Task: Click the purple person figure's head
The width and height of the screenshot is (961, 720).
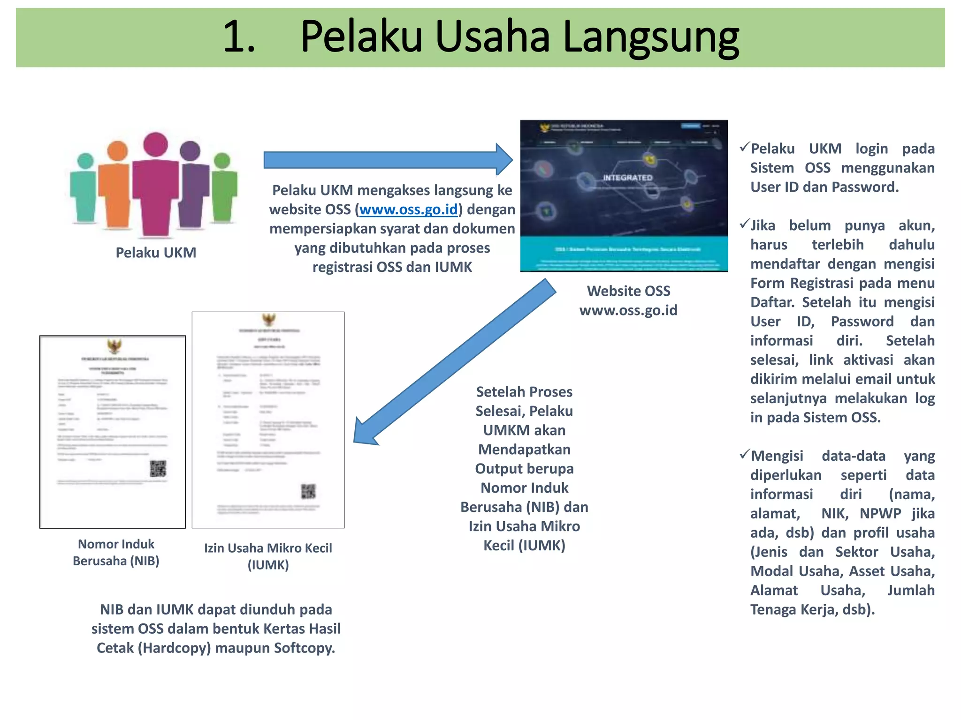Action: tap(190, 151)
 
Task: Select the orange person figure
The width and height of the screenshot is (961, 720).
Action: tap(115, 187)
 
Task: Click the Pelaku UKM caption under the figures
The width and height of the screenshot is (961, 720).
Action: tap(156, 253)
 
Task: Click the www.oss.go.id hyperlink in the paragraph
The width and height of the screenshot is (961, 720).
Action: tap(408, 210)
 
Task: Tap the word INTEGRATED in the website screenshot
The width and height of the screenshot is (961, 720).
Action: tap(627, 178)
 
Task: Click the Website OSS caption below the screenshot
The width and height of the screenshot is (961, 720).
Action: tap(628, 291)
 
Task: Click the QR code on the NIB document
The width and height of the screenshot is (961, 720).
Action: tap(158, 468)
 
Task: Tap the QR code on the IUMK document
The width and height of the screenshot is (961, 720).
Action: tap(308, 491)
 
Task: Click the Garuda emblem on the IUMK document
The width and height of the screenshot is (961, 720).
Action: tap(269, 320)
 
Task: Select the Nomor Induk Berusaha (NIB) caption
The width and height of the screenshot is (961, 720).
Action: tap(116, 552)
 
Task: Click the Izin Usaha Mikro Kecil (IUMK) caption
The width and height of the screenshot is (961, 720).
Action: tap(268, 556)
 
